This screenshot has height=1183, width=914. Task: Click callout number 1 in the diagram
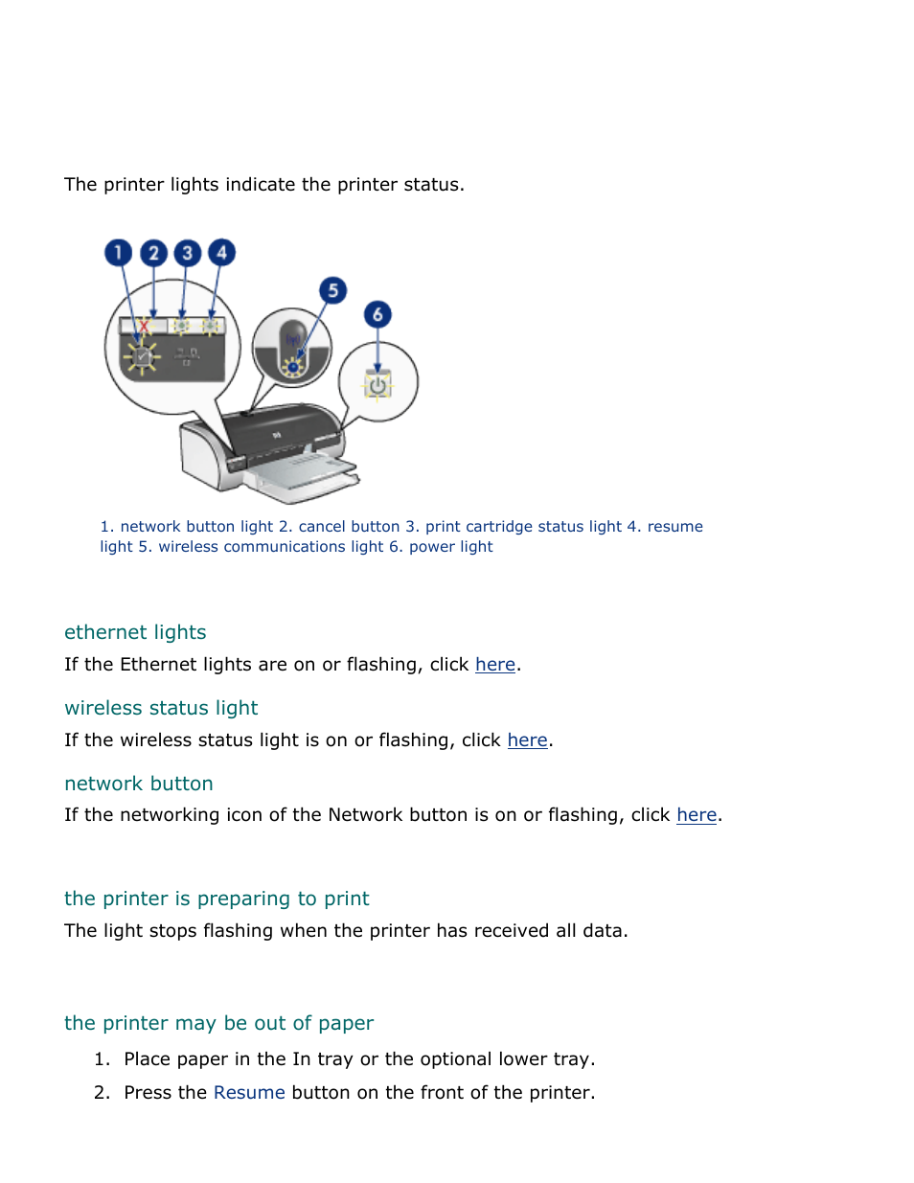[118, 253]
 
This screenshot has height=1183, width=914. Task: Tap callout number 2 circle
[153, 253]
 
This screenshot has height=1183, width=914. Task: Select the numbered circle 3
[188, 253]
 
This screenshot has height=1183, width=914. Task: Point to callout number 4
[221, 252]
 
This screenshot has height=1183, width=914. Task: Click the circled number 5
[332, 290]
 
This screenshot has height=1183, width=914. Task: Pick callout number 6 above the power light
[377, 314]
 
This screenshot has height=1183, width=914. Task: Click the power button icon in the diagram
[377, 386]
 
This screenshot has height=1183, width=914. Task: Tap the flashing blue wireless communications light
[293, 366]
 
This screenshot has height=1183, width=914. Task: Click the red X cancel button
[144, 327]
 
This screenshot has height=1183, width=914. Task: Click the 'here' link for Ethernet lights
[495, 665]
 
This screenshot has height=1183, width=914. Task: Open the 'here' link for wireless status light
[527, 740]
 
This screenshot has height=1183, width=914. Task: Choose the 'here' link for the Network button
[697, 815]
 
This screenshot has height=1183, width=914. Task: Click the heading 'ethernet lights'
[135, 632]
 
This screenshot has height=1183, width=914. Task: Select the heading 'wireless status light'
[161, 708]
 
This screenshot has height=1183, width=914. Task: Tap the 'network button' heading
[139, 784]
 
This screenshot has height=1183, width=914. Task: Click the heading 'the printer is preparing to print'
[217, 899]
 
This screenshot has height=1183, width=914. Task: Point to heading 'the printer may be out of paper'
[218, 1023]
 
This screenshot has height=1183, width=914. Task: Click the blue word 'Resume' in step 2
[249, 1093]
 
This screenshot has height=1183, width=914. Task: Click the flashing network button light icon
[142, 356]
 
